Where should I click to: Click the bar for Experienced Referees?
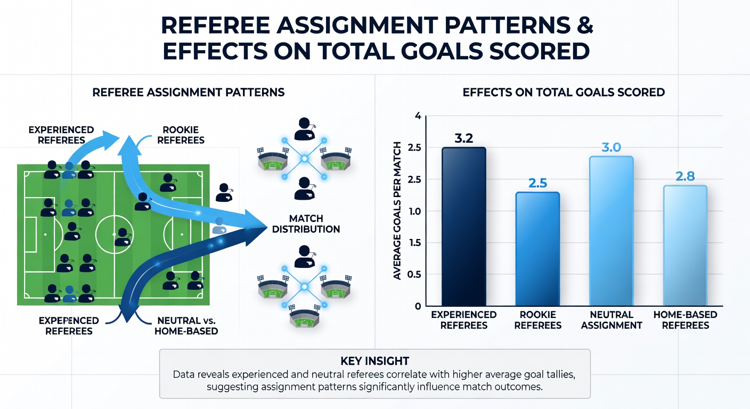coord(464,226)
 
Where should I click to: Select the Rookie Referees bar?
coord(537,249)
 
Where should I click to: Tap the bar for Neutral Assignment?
coord(612,231)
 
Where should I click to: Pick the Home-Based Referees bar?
coord(685,246)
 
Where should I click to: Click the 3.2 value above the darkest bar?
coord(464,138)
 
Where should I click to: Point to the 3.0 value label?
coord(612,148)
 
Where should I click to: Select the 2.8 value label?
coord(685,176)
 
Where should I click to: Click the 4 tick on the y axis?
coord(418,116)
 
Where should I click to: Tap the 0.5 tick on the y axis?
coord(414,274)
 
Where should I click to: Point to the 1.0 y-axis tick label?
coord(414,211)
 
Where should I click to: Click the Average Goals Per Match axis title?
coord(397,210)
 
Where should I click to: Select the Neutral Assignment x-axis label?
coord(612,320)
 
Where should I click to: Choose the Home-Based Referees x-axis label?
coord(686,320)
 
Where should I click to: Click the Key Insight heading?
coord(374,361)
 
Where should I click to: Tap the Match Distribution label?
coord(306,224)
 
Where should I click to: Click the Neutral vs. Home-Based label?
coord(186,326)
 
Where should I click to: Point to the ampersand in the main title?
coord(584,25)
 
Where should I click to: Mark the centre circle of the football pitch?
coord(114,234)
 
